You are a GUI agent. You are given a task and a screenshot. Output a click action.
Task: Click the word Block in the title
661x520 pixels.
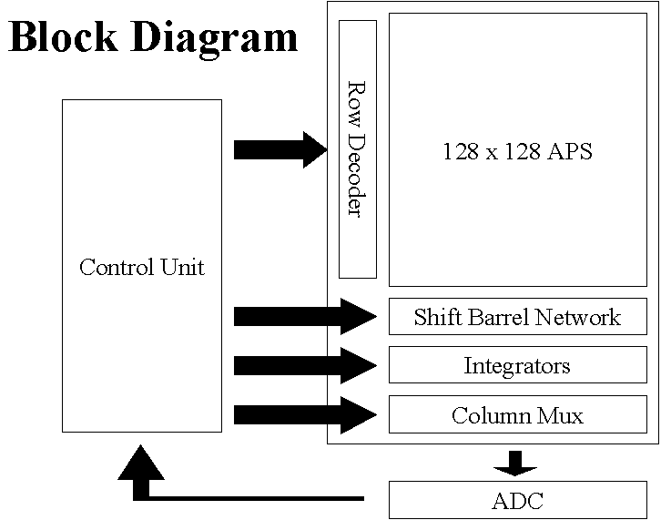coord(63,37)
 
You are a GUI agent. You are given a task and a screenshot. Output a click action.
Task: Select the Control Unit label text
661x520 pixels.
coord(142,267)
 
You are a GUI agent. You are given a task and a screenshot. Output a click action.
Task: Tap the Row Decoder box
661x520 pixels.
coord(357,149)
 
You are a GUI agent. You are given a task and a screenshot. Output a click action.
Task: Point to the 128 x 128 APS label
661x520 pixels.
coord(517,151)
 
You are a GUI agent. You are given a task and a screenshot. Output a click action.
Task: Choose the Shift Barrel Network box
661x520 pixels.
coord(517,317)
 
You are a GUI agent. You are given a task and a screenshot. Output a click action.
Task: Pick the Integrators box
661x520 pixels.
coord(517,365)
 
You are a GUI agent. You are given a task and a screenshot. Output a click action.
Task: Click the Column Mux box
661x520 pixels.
coord(517,415)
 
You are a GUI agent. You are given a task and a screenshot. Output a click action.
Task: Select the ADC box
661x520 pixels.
coord(517,500)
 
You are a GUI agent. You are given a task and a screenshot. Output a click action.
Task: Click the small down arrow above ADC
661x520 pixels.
coord(515,462)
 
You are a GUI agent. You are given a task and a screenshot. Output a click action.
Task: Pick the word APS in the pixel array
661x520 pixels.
coord(569,151)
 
